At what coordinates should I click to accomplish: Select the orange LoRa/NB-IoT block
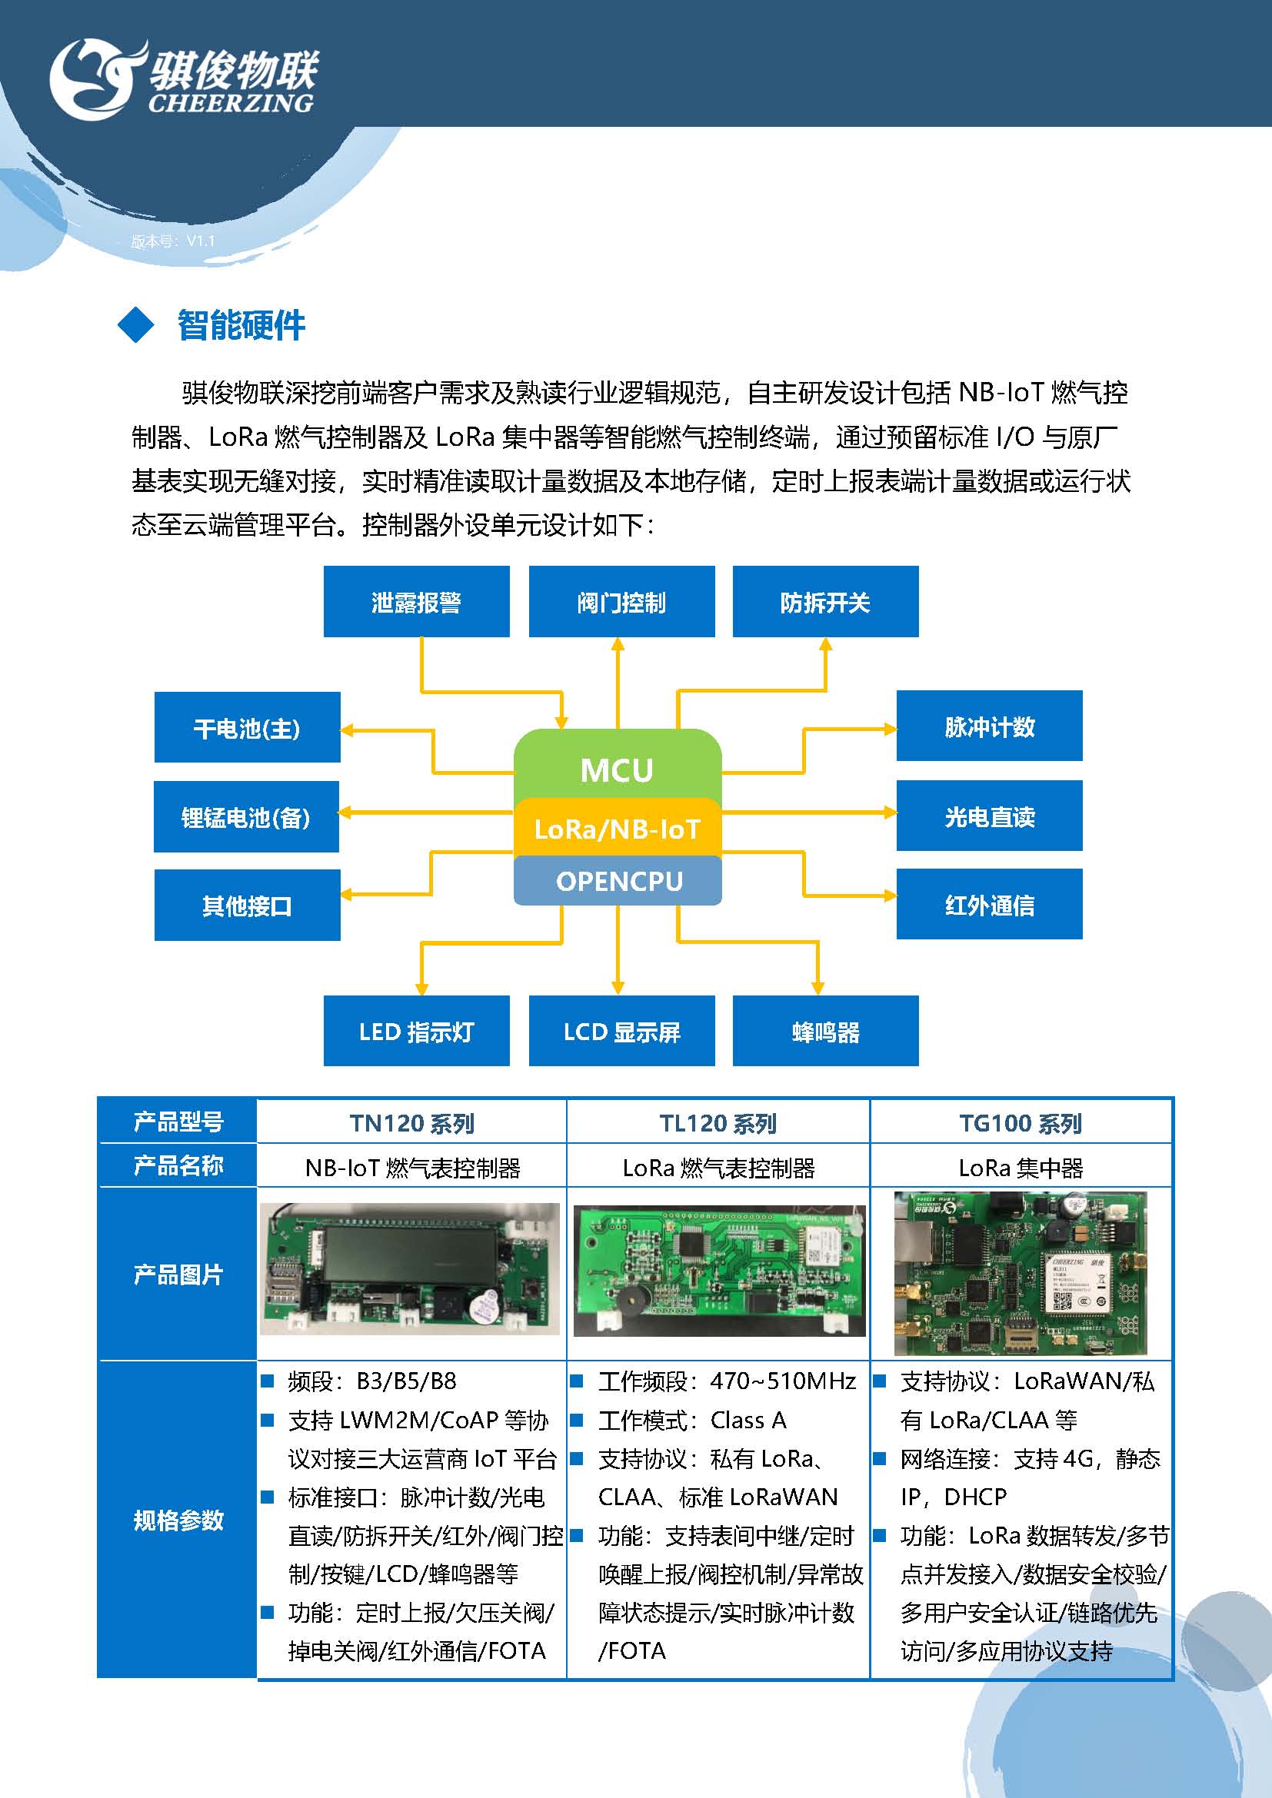[x=618, y=829]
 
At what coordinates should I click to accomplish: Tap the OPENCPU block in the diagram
[x=618, y=881]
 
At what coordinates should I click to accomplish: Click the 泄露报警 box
[x=416, y=601]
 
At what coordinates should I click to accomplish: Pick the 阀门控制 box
[x=621, y=601]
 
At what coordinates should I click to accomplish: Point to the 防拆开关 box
[x=825, y=601]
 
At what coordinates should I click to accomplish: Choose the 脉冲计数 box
[x=989, y=726]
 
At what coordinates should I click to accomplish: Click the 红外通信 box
[x=989, y=905]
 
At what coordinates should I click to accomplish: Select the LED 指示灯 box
[x=416, y=1031]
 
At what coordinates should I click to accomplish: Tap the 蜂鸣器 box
[x=825, y=1031]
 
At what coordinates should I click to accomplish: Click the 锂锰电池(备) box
[x=246, y=817]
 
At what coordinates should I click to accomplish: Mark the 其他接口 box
[x=247, y=906]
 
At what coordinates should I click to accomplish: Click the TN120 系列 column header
[x=412, y=1123]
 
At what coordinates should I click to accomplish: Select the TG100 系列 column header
[x=1021, y=1123]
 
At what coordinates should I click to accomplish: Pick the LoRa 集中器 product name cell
[x=1021, y=1168]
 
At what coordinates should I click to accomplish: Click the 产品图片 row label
[x=178, y=1274]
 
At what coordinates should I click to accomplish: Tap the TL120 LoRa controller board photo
[x=719, y=1270]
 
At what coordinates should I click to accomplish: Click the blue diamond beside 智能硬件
[x=136, y=324]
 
